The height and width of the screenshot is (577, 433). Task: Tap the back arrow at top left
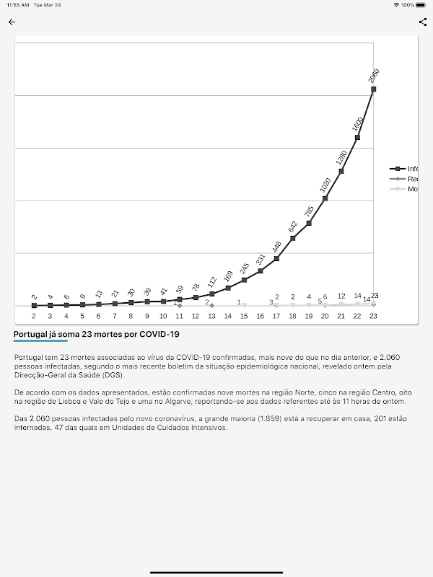[12, 22]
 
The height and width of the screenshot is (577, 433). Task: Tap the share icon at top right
[423, 22]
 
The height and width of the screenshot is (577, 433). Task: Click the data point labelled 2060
[373, 89]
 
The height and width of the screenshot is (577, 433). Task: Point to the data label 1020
[325, 185]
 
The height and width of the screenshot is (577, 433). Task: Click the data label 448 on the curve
[277, 246]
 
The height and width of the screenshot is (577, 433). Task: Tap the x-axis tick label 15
[244, 316]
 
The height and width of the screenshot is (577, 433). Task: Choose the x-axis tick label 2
[34, 316]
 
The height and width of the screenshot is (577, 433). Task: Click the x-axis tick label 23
[373, 316]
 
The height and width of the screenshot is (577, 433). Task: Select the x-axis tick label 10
[163, 316]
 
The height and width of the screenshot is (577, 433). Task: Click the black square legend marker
[398, 168]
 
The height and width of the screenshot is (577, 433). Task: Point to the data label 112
[212, 283]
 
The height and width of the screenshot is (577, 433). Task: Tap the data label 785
[309, 211]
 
